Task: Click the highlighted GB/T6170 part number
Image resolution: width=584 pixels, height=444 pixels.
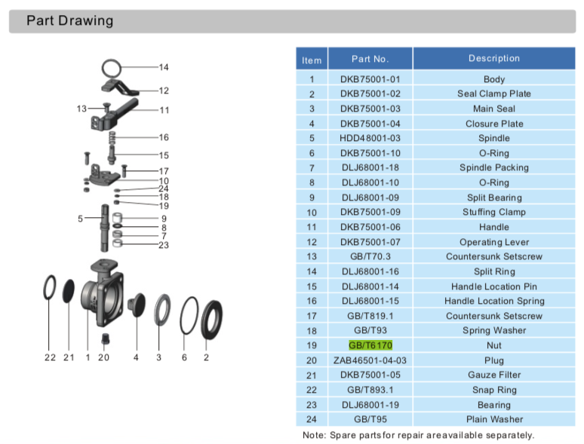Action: coord(370,345)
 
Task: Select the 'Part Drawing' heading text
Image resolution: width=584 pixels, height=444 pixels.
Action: coord(69,21)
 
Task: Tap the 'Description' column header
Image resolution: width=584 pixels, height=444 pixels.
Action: coord(493,59)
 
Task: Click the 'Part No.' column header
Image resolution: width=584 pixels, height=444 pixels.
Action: coord(370,59)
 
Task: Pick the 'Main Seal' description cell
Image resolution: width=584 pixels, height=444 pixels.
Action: coord(493,109)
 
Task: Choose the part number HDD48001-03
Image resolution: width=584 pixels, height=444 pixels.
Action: coord(370,138)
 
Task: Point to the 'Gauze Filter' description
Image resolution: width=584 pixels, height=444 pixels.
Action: coord(493,375)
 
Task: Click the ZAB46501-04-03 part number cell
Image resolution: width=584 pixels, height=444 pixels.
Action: coord(370,360)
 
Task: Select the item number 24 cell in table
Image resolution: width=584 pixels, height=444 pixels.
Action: coord(311,419)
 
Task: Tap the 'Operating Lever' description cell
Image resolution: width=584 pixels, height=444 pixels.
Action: coord(493,242)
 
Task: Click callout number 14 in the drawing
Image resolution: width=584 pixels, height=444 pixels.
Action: coord(164,68)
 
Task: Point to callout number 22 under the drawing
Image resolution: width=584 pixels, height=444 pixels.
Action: coord(50,357)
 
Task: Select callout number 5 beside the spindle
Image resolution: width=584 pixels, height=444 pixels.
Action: coord(80,219)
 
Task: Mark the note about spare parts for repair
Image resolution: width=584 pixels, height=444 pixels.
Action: coord(418,435)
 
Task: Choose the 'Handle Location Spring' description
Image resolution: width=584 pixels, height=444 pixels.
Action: coord(493,301)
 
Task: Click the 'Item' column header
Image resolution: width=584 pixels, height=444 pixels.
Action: coord(311,60)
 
